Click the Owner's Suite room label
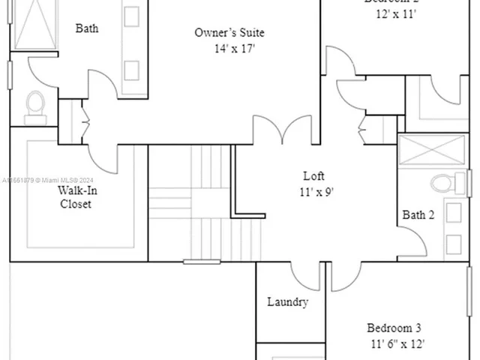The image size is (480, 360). pyautogui.click(x=229, y=33)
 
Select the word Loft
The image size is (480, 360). pyautogui.click(x=313, y=176)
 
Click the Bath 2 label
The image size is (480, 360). pyautogui.click(x=418, y=215)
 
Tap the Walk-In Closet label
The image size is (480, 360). pyautogui.click(x=76, y=196)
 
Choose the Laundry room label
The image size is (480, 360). pyautogui.click(x=287, y=302)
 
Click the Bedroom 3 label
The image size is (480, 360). pyautogui.click(x=394, y=328)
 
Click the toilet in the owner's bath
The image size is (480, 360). pyautogui.click(x=35, y=106)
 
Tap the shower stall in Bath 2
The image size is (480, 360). pyautogui.click(x=431, y=151)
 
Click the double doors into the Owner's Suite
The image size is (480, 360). pyautogui.click(x=282, y=129)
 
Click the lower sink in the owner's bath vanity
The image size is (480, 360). pyautogui.click(x=132, y=70)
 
